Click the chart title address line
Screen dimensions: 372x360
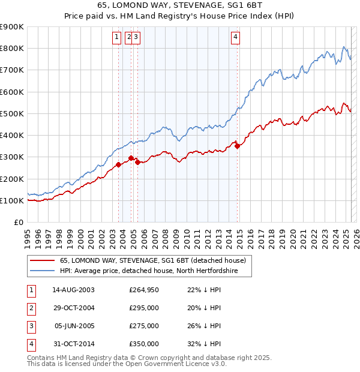click(x=180, y=5)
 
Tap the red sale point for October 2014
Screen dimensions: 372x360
click(x=238, y=146)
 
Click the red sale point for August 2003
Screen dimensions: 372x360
click(x=119, y=164)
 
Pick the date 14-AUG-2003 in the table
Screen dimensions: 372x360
click(x=73, y=290)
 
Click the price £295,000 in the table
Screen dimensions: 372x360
click(x=144, y=308)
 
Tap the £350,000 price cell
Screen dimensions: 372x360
click(x=144, y=344)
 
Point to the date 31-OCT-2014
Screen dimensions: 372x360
click(x=73, y=344)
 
